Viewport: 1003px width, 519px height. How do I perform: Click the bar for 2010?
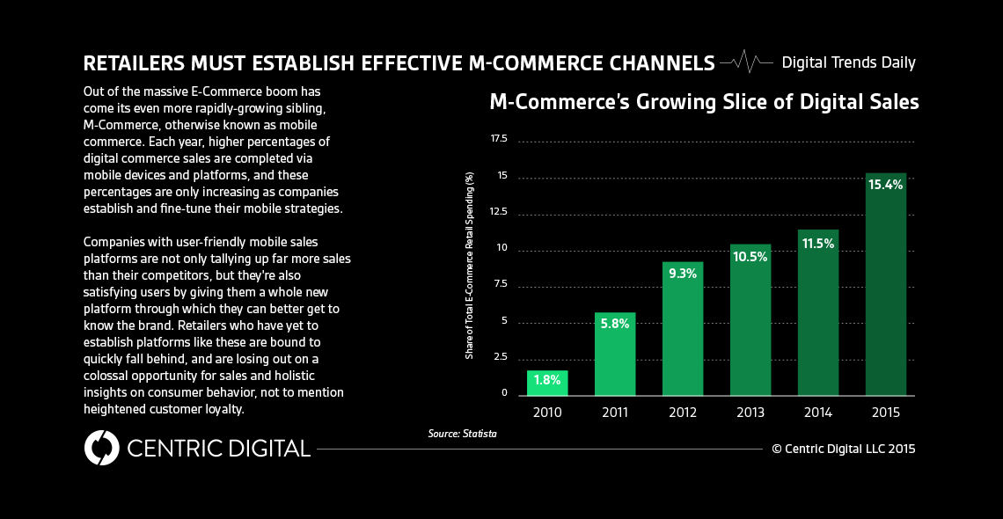pyautogui.click(x=547, y=383)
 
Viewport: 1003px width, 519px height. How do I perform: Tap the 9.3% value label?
pyautogui.click(x=683, y=274)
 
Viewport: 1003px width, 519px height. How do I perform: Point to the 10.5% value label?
pyautogui.click(x=750, y=257)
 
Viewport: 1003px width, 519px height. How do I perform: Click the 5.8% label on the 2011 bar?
pyautogui.click(x=615, y=324)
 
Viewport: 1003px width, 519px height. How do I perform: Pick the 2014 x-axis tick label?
pyautogui.click(x=817, y=411)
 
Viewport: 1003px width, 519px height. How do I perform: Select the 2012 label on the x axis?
pyautogui.click(x=683, y=411)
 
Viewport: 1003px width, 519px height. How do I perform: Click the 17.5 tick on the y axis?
pyautogui.click(x=499, y=139)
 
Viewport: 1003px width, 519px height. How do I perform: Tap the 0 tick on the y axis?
pyautogui.click(x=505, y=392)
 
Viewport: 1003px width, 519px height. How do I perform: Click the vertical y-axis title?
pyautogui.click(x=470, y=266)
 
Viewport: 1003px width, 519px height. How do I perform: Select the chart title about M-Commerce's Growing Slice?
pyautogui.click(x=704, y=102)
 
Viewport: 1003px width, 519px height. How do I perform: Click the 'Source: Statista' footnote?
pyautogui.click(x=457, y=434)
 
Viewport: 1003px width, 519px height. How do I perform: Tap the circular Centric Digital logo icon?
pyautogui.click(x=101, y=448)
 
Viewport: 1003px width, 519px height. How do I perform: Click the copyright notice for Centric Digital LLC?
pyautogui.click(x=844, y=449)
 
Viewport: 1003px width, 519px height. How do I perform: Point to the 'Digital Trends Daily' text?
pyautogui.click(x=848, y=62)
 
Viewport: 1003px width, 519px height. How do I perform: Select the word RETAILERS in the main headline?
pyautogui.click(x=131, y=63)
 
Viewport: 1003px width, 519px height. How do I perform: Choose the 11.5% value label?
pyautogui.click(x=817, y=243)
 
